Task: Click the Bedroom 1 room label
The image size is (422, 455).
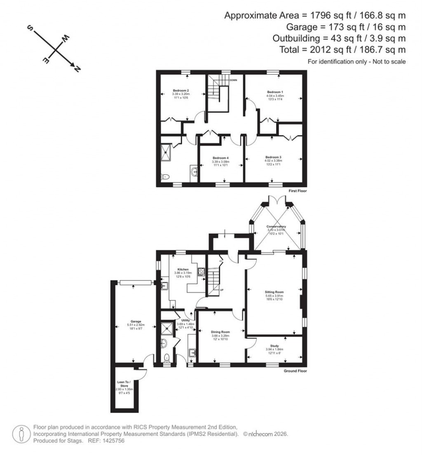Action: pos(275,91)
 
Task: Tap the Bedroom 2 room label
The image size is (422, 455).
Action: pos(181,90)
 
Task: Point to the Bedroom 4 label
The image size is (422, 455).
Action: pos(220,158)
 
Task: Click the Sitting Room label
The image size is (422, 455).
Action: pos(274,292)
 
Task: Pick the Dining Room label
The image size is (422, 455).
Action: pos(220,332)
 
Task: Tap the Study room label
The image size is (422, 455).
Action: pos(274,346)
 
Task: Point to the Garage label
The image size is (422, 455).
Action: pos(136,321)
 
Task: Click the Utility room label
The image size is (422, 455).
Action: pos(185,320)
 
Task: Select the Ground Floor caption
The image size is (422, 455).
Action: pos(295,371)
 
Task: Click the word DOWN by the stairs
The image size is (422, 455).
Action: pos(233,80)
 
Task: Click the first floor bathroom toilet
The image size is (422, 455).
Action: pos(165,177)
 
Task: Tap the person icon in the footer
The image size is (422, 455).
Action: pos(20,434)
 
